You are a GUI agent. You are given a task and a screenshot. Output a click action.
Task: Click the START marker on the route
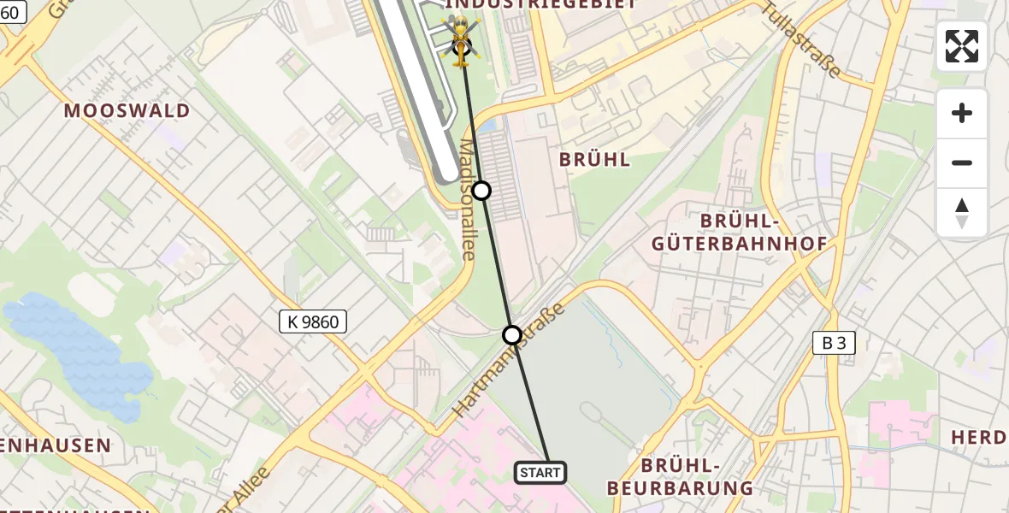pos(540,472)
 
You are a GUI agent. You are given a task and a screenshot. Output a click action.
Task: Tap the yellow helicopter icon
pos(460,38)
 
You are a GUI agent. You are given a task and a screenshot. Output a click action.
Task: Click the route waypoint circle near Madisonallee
pos(481,191)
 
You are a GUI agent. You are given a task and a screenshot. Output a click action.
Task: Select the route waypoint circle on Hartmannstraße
pos(511,334)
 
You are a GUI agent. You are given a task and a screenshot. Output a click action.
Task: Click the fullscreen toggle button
pos(961,46)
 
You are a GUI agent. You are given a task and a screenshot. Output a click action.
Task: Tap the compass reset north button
pos(961,213)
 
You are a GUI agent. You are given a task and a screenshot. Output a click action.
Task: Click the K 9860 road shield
pos(314,322)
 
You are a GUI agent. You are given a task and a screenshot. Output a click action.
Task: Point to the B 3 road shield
pos(834,344)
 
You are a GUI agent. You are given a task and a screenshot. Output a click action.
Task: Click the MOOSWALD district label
pos(127,110)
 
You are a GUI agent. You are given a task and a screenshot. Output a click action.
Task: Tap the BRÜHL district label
pos(594,159)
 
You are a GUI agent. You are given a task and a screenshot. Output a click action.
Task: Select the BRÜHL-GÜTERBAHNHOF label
pos(739,233)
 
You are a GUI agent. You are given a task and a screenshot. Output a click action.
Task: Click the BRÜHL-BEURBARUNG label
pos(680,476)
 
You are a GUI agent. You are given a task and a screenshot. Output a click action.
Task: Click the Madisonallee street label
pos(468,199)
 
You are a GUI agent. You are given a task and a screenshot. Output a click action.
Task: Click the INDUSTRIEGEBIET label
pos(564,4)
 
